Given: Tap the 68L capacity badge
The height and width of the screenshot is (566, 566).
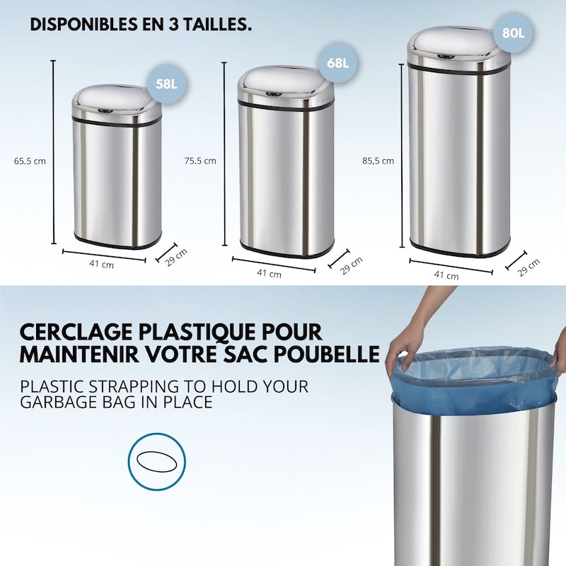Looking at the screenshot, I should pos(338,62).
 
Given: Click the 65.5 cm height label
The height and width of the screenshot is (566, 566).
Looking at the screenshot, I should pos(30,161).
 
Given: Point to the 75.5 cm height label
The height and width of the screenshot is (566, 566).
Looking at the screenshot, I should pos(200,161).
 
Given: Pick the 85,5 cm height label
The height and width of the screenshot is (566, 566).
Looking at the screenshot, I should pos(378,161).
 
